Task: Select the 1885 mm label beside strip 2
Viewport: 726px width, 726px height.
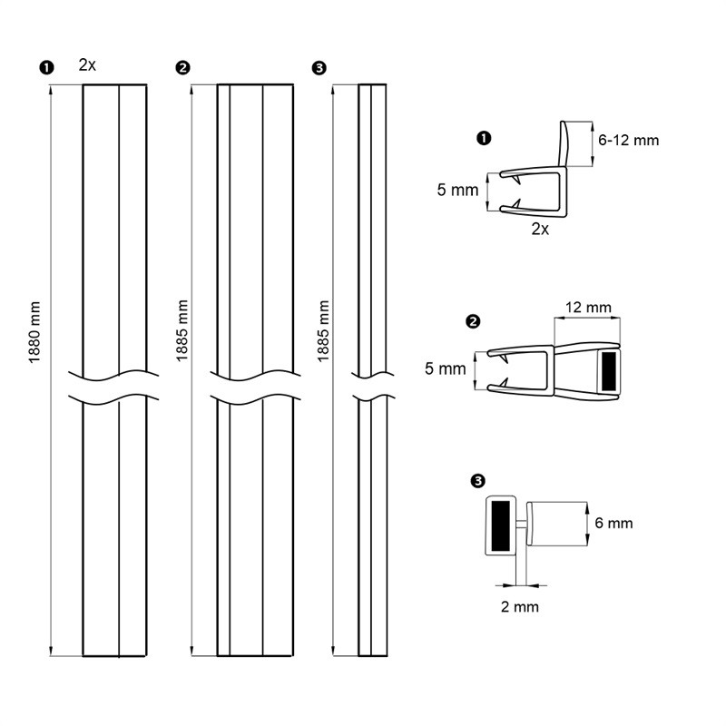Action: tap(183, 330)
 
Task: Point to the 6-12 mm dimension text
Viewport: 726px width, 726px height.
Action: tap(629, 140)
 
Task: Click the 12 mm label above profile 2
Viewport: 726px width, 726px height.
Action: tap(586, 308)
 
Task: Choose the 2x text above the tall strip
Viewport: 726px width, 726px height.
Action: tap(88, 64)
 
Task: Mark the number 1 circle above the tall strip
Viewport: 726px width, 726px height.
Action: tap(45, 67)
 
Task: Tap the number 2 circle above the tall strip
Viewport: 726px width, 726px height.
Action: tap(182, 67)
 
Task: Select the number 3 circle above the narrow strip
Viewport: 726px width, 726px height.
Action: tap(318, 67)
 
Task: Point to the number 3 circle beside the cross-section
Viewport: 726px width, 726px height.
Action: tap(478, 481)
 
